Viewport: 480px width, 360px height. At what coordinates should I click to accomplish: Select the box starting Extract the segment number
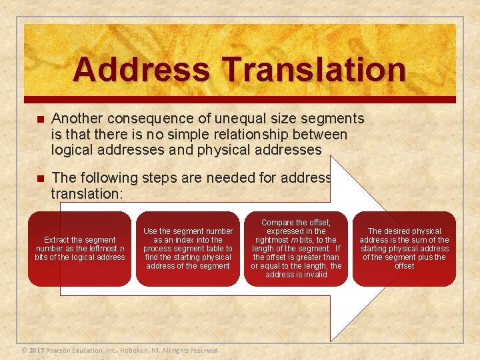click(79, 249)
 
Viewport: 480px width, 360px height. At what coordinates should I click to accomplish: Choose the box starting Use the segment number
click(187, 249)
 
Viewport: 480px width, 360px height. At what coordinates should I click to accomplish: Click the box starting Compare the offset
click(295, 249)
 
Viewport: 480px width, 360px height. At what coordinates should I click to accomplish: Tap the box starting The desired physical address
click(404, 249)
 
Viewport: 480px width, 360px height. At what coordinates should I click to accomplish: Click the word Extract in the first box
click(58, 240)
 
